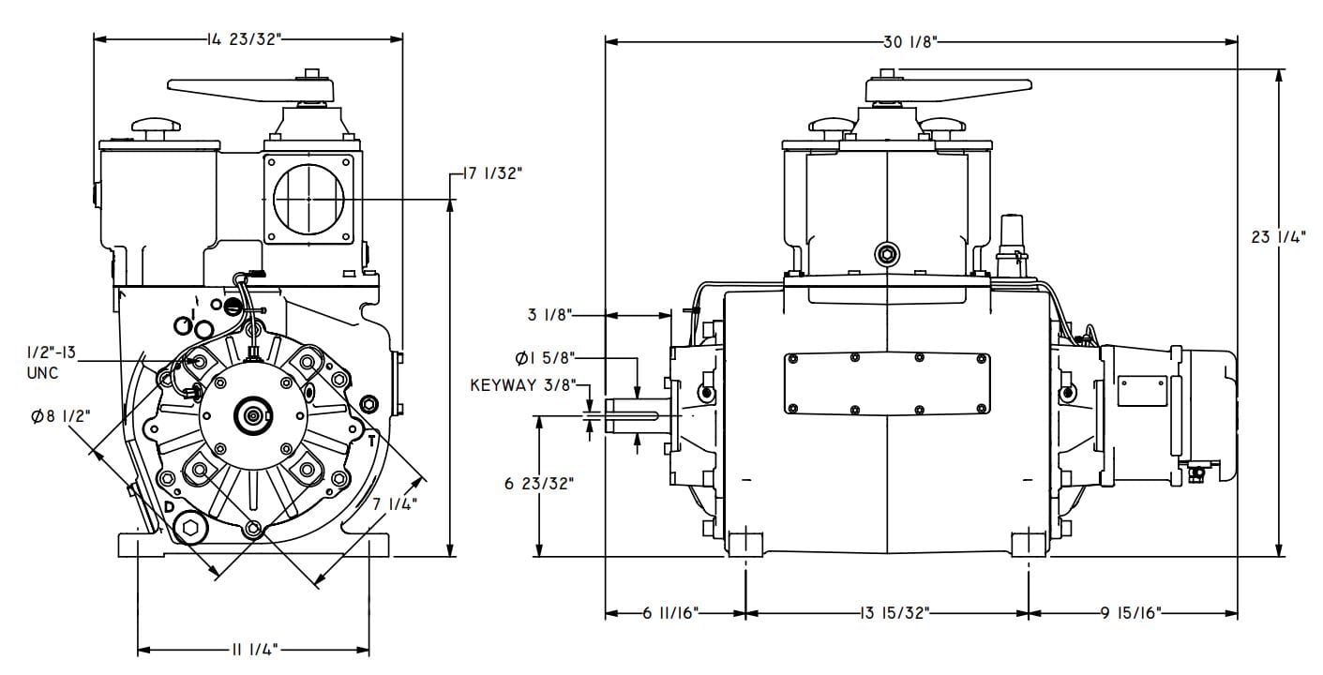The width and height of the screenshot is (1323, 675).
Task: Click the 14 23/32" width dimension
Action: pos(243,39)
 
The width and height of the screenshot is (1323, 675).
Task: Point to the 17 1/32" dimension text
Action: pos(492,173)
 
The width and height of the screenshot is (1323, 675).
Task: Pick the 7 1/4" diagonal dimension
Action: pos(394,504)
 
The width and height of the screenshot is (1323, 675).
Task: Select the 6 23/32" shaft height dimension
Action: pos(538,484)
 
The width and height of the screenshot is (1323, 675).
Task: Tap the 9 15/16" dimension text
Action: pos(1131,613)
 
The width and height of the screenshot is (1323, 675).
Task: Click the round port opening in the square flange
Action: pos(308,199)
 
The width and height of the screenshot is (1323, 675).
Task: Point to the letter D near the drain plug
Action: pos(170,507)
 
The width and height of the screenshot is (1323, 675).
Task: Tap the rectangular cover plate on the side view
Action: pos(886,382)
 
